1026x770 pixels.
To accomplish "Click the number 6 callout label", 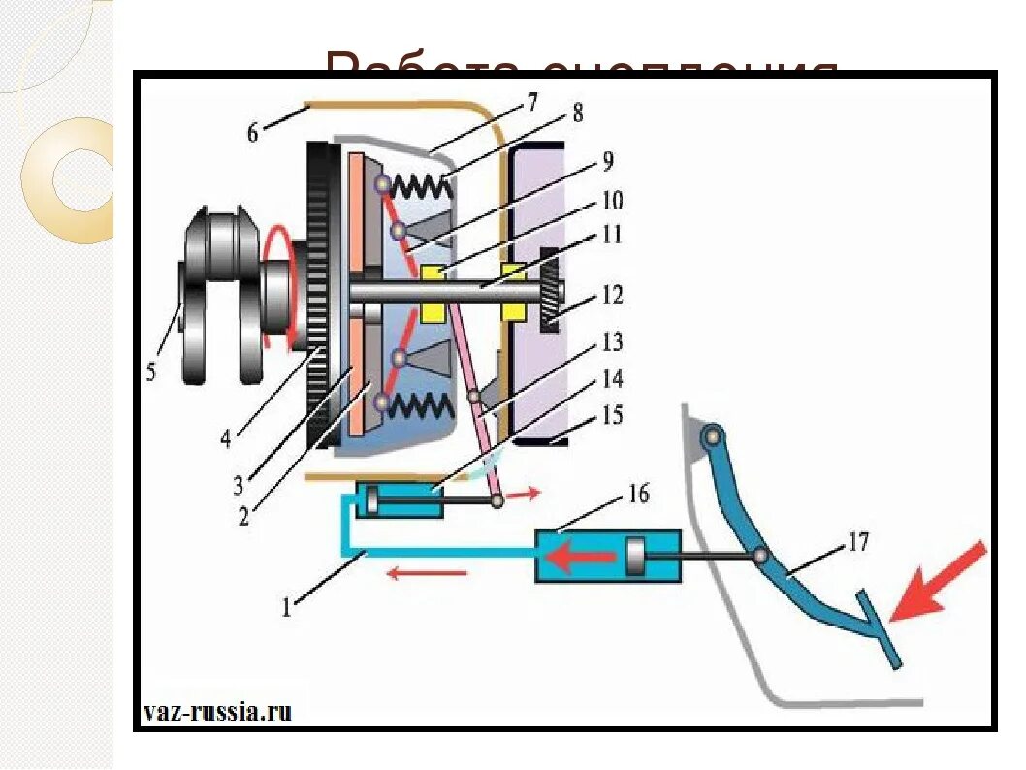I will click(253, 133).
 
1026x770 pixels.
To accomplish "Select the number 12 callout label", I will click(612, 295).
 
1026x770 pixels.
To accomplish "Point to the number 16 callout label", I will click(637, 496).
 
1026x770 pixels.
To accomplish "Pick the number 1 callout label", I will click(287, 608).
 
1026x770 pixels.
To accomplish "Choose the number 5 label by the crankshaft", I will click(150, 371).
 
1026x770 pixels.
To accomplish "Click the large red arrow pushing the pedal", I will click(937, 582).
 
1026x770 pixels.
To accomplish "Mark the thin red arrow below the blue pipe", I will click(427, 573).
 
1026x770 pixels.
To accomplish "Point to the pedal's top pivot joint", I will click(715, 436).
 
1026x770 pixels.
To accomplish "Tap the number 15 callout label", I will click(611, 417).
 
